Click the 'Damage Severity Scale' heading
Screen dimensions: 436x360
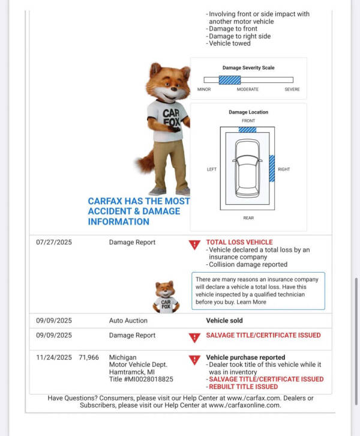point(248,68)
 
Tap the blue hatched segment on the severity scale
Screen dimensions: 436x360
point(229,80)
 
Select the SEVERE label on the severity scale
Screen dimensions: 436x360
point(292,89)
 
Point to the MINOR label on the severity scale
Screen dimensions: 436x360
point(204,89)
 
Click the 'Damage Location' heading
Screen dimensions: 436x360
point(248,112)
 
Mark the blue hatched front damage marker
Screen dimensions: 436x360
point(247,129)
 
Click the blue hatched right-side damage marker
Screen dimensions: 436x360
point(272,168)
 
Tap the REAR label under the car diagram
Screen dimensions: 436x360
point(248,217)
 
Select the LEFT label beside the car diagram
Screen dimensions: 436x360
point(212,169)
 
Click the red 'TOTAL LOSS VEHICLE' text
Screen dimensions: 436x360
point(239,243)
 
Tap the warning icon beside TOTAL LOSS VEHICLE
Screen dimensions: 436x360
point(194,244)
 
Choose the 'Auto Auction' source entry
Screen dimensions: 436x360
point(128,321)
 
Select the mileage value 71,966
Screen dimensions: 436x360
point(89,357)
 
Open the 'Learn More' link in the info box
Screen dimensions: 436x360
point(251,302)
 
